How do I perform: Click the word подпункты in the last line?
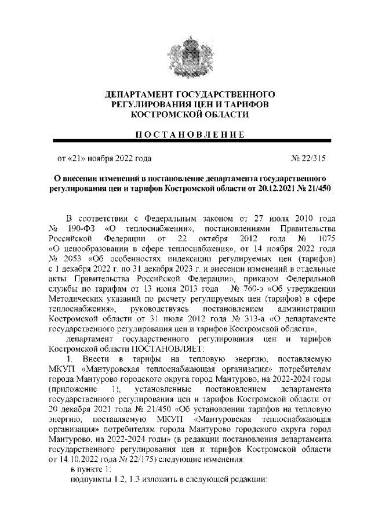(x=87, y=480)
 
